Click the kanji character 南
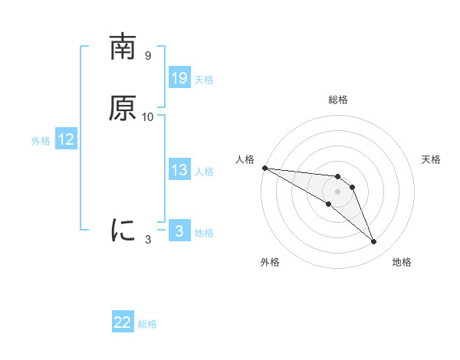tap(123, 47)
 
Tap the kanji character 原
tap(123, 109)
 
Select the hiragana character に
tap(123, 230)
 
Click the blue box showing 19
tap(179, 78)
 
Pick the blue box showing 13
tap(179, 170)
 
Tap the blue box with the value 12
tap(66, 139)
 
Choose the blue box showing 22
tap(123, 322)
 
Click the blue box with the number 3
tap(179, 231)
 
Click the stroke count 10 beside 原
tap(148, 117)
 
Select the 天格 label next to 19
tap(204, 80)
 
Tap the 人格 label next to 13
tap(204, 172)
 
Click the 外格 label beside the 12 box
tap(41, 141)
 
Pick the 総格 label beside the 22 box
tap(147, 324)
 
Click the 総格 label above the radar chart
tap(338, 100)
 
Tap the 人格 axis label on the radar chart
tap(245, 159)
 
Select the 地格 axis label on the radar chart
tap(402, 263)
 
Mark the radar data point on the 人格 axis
tap(264, 168)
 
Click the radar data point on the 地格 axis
tap(374, 242)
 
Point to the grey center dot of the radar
tap(337, 191)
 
